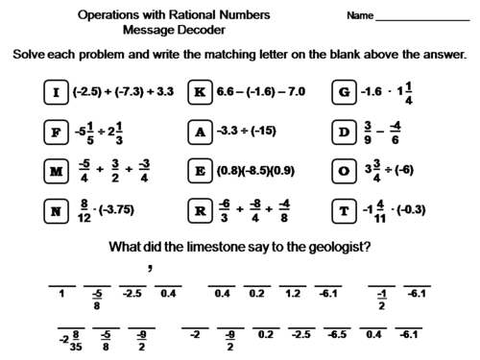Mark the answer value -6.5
337,335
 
